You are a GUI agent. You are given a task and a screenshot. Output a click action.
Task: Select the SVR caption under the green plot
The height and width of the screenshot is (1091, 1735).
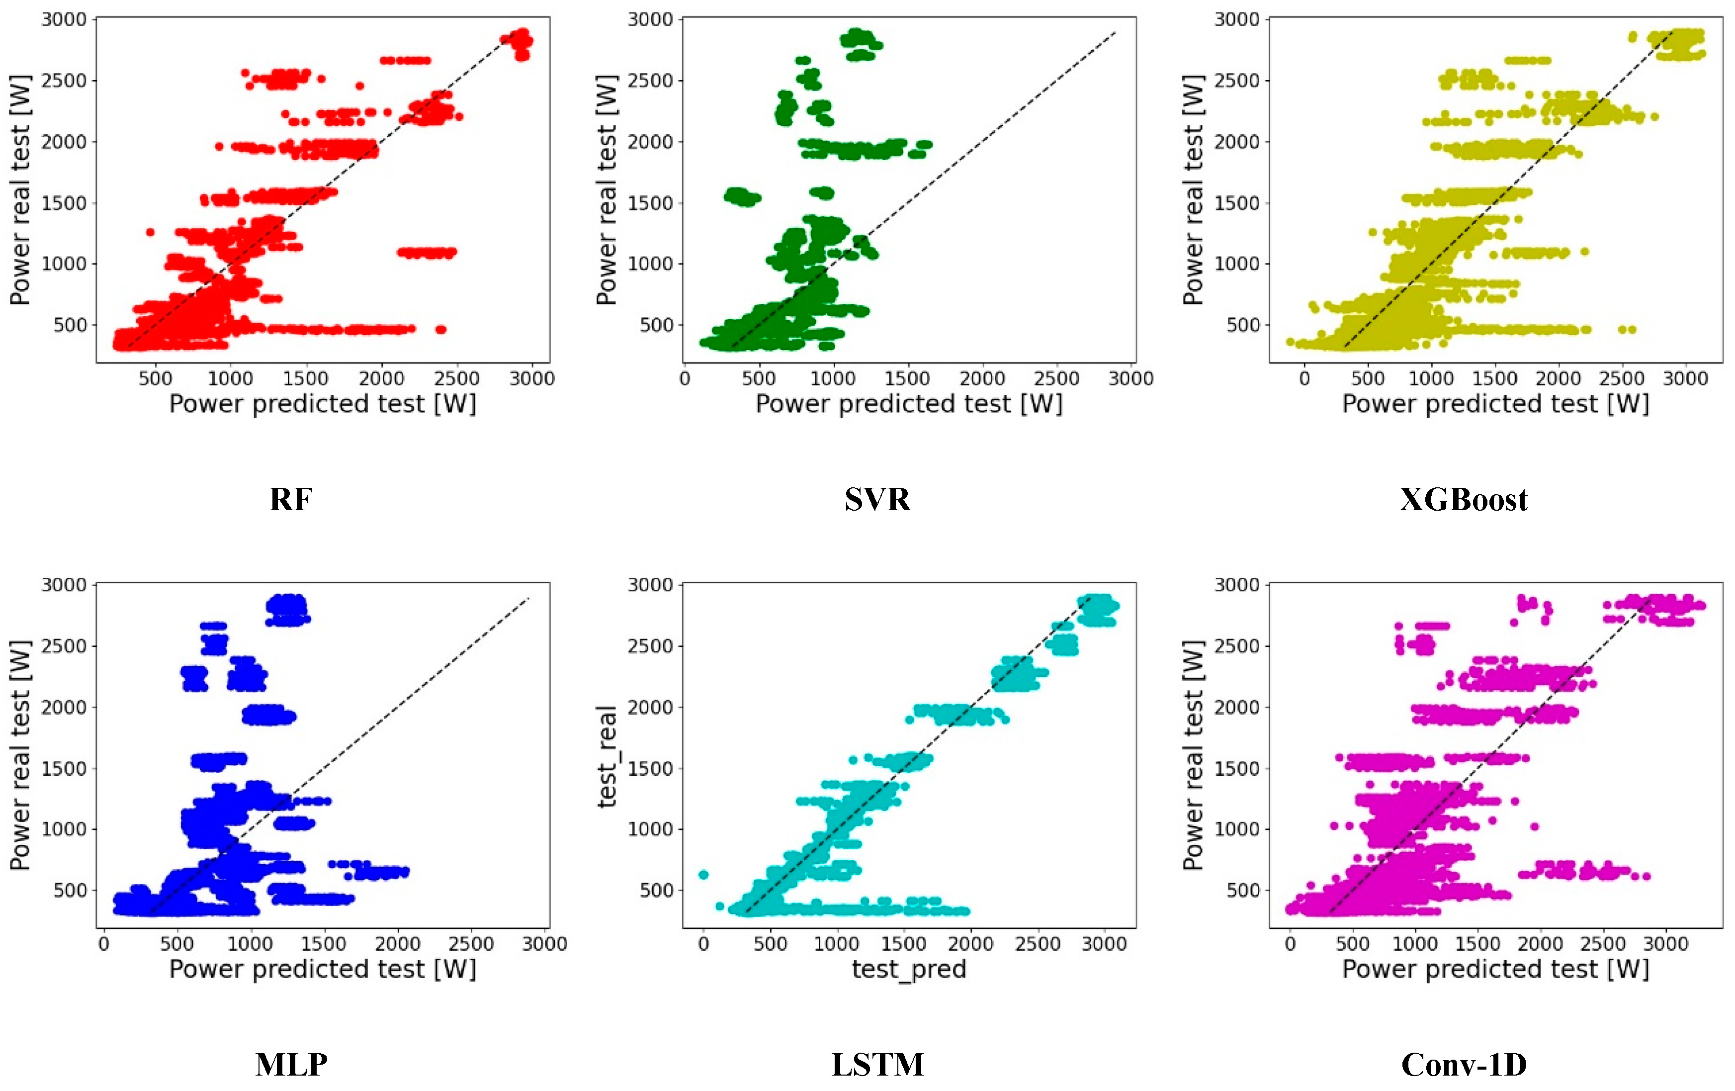pos(877,499)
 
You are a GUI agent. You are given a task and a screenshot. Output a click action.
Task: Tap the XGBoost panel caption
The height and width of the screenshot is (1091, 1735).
pos(1464,499)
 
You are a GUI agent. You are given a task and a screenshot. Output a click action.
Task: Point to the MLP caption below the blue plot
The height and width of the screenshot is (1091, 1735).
pos(291,1064)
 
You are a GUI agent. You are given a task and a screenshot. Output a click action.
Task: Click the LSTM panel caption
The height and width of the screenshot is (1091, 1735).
pos(877,1064)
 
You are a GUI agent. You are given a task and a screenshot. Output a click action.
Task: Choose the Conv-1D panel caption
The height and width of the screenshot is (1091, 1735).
pos(1464,1064)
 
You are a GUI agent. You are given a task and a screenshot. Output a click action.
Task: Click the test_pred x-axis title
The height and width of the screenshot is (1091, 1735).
pos(909,969)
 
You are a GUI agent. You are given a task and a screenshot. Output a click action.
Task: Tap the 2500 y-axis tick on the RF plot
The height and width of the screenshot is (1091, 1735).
pos(64,81)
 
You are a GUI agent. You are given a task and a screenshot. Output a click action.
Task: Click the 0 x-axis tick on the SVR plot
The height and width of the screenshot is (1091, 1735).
pos(685,378)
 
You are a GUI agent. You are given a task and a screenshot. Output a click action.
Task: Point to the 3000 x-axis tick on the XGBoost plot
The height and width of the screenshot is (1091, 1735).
pos(1685,378)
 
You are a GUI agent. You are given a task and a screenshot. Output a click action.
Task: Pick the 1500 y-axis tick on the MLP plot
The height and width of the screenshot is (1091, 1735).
pos(64,768)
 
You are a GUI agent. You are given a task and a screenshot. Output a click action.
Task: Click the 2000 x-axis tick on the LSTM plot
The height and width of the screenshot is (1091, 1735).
pos(970,943)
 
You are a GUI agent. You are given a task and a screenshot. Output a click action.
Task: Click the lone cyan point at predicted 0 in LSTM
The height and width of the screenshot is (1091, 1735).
pos(704,875)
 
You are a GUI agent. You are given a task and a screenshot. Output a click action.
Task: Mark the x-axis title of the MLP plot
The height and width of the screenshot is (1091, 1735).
pos(322,969)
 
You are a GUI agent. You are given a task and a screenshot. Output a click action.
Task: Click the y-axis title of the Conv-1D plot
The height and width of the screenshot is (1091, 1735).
pos(1193,754)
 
